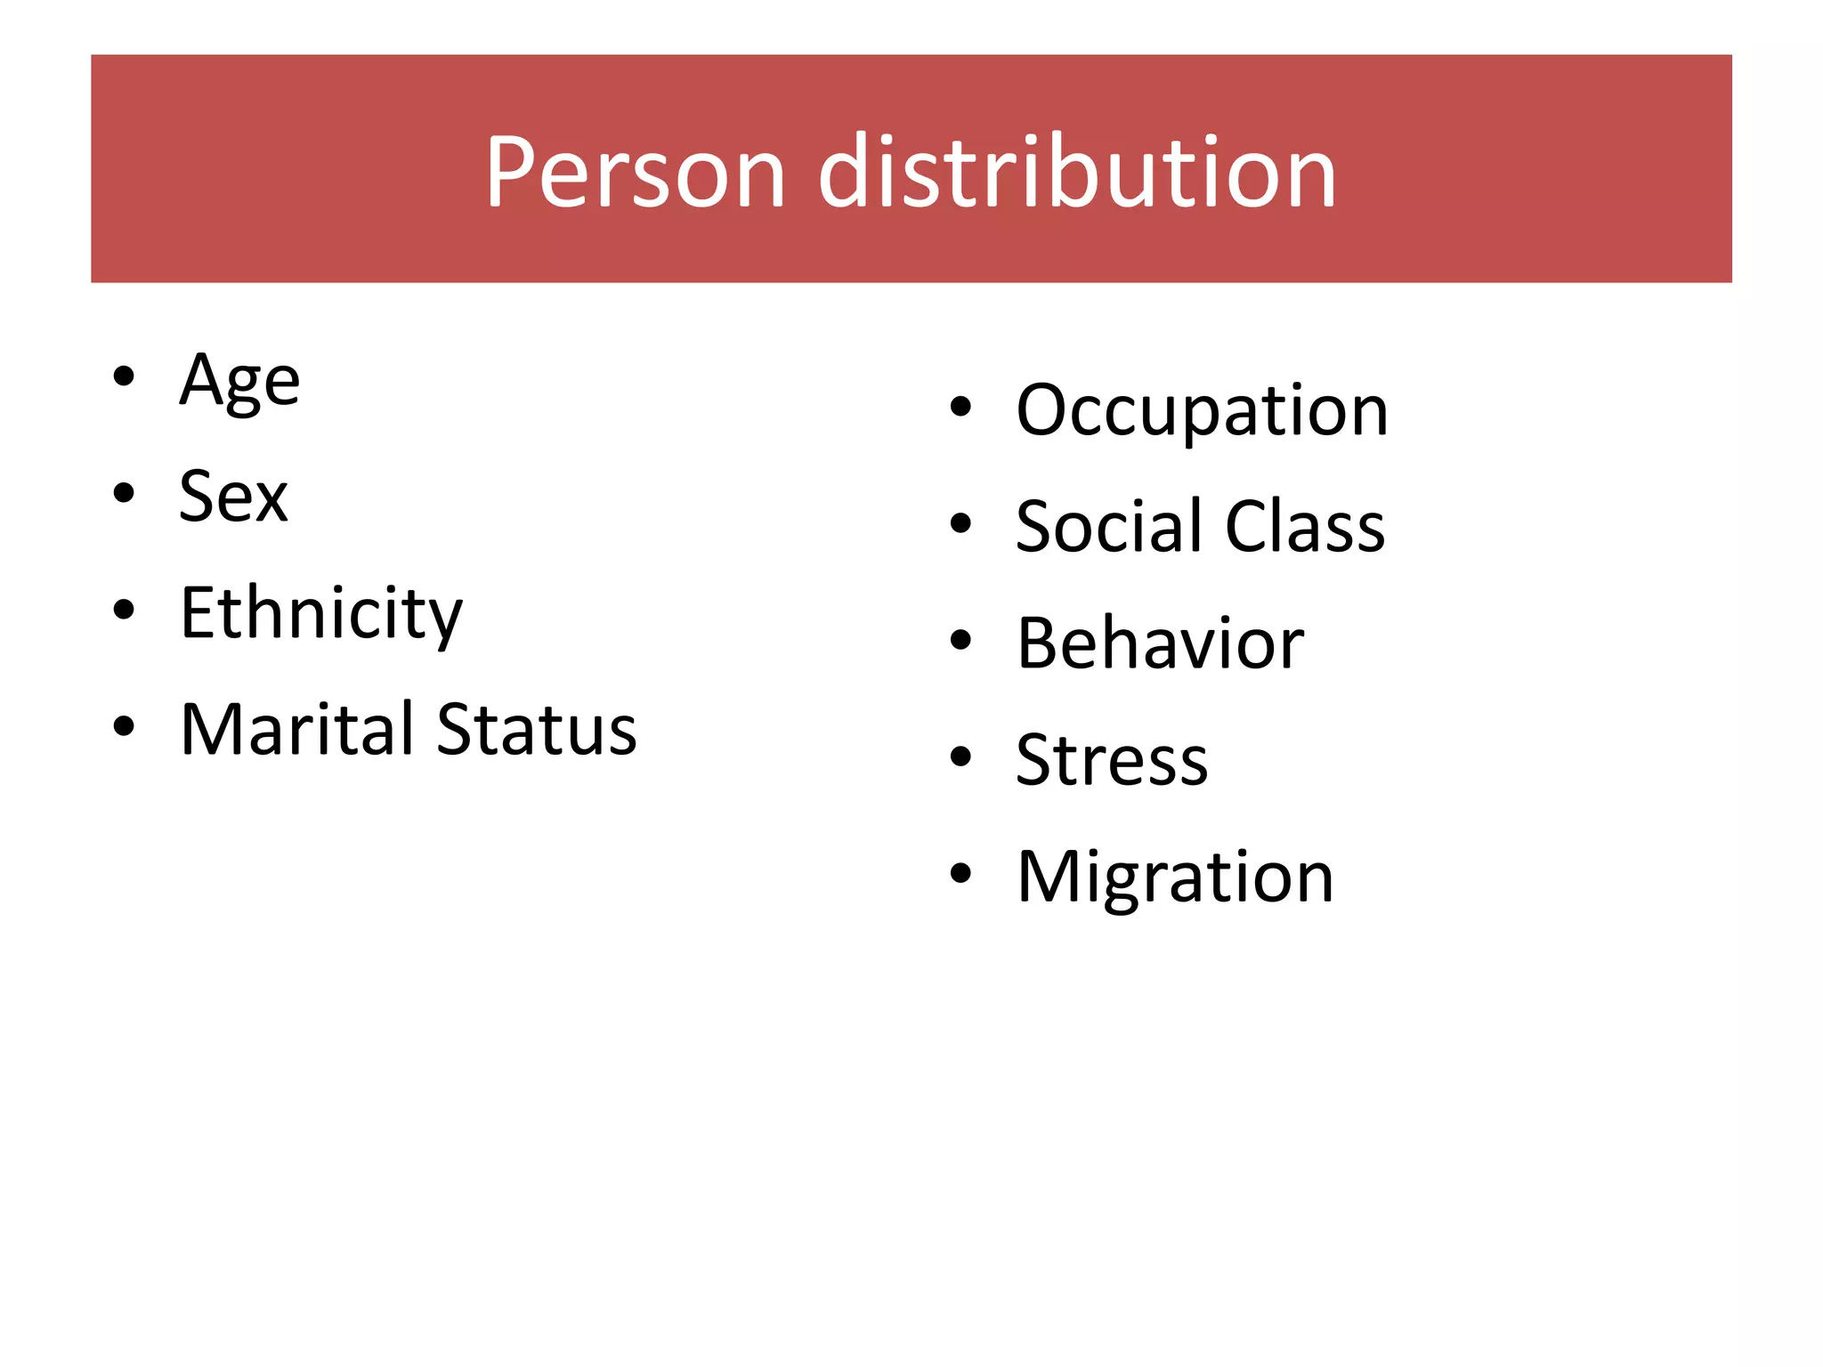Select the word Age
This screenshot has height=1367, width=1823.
click(239, 381)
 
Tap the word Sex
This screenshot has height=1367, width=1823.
click(233, 497)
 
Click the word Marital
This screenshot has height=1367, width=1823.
click(297, 729)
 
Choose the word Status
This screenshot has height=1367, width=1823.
click(537, 729)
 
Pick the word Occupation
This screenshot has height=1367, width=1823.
click(1202, 410)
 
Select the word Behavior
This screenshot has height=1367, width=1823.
click(1160, 643)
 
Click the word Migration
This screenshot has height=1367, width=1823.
click(1175, 877)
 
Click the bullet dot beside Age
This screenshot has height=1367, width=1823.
click(124, 376)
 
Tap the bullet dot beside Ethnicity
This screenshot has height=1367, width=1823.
click(124, 610)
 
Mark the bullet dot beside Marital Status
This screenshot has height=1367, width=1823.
click(124, 726)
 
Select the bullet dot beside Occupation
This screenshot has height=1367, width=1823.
click(960, 407)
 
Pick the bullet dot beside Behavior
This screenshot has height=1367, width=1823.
click(960, 640)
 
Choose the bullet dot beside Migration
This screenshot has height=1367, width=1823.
click(960, 873)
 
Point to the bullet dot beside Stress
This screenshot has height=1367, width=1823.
click(960, 756)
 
